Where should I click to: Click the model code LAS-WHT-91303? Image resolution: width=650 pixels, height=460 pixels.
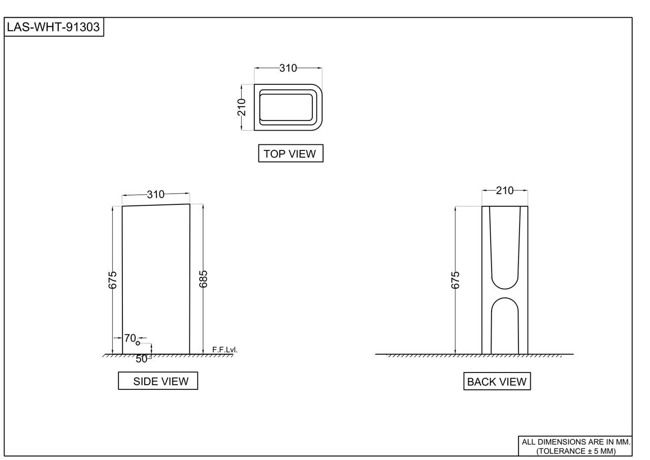pyautogui.click(x=53, y=27)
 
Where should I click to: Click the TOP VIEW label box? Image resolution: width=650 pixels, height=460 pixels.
pyautogui.click(x=290, y=154)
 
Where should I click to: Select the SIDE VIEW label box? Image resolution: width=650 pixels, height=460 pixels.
pyautogui.click(x=158, y=381)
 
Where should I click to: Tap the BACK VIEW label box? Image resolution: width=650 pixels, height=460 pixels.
pyautogui.click(x=497, y=382)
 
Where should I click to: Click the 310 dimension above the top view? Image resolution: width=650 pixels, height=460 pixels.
pyautogui.click(x=288, y=68)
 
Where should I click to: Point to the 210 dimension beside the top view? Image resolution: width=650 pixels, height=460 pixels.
pyautogui.click(x=242, y=107)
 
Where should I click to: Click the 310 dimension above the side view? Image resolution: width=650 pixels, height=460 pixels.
pyautogui.click(x=156, y=194)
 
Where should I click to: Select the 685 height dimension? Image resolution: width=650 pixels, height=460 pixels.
pyautogui.click(x=203, y=279)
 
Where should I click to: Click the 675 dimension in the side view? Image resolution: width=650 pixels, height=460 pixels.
pyautogui.click(x=113, y=280)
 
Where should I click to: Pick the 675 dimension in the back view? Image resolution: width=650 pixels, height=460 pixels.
pyautogui.click(x=456, y=280)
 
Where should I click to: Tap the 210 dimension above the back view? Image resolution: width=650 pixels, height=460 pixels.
pyautogui.click(x=505, y=191)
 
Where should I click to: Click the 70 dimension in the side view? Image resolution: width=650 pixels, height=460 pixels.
pyautogui.click(x=129, y=338)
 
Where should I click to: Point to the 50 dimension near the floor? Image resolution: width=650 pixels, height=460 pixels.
pyautogui.click(x=142, y=359)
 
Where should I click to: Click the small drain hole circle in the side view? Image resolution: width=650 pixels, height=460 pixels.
pyautogui.click(x=138, y=344)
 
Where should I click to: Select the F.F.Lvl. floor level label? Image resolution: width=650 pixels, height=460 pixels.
pyautogui.click(x=224, y=350)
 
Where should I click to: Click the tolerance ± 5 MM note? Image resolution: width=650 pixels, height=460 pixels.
pyautogui.click(x=575, y=451)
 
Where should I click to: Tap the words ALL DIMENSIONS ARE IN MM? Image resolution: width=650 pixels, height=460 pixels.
pyautogui.click(x=575, y=442)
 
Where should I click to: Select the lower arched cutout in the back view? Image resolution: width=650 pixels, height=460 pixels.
pyautogui.click(x=505, y=325)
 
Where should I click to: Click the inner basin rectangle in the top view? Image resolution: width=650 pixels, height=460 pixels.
pyautogui.click(x=286, y=107)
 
